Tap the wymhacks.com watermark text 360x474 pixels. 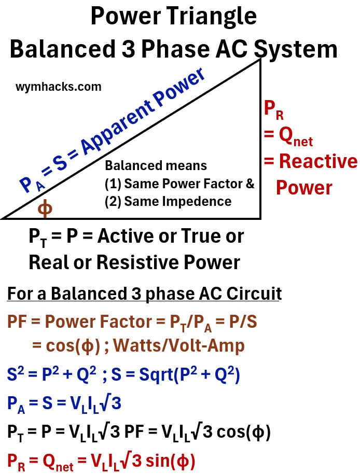(58, 87)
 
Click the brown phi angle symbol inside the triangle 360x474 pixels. (46, 208)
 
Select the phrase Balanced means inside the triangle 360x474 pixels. (156, 166)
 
